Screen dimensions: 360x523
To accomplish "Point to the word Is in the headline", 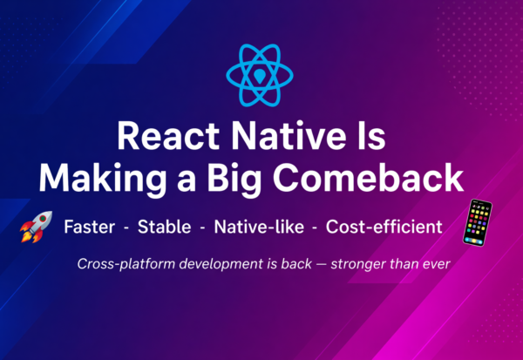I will pos(365,138).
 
